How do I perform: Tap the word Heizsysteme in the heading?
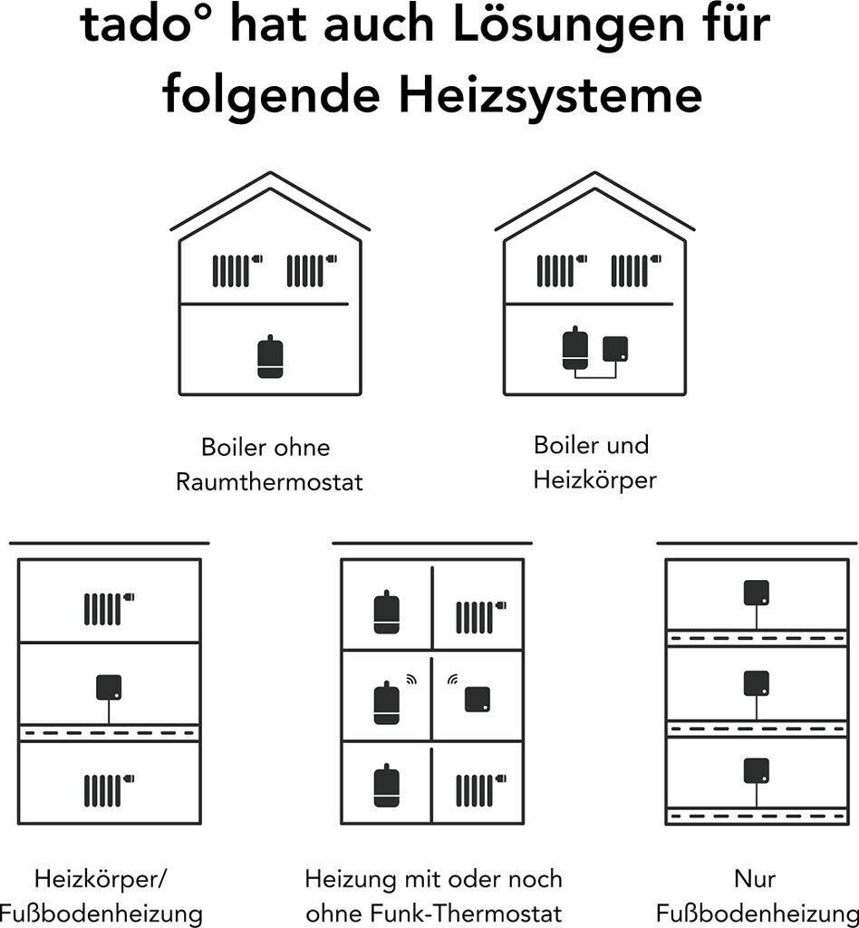(550, 94)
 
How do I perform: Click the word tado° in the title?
(150, 24)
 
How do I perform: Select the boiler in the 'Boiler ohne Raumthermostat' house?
(270, 356)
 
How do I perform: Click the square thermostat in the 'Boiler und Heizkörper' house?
(615, 349)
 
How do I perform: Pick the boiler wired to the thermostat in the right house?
(575, 348)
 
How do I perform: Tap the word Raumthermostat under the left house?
(269, 482)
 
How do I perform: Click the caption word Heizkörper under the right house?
(594, 480)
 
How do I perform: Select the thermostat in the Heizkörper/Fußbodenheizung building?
(109, 688)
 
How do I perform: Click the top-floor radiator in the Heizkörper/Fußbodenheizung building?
(109, 609)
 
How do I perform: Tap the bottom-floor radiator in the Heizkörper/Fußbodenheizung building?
(109, 790)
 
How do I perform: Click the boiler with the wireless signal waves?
(386, 702)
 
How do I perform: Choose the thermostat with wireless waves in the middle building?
(478, 700)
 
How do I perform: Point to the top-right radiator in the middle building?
(481, 617)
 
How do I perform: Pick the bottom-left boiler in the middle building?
(386, 786)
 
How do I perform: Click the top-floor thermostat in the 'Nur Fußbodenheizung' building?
(756, 593)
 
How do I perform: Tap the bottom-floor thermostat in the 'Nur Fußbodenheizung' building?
(756, 771)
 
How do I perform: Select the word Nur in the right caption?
(755, 879)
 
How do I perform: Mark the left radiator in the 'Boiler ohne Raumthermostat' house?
(237, 270)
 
